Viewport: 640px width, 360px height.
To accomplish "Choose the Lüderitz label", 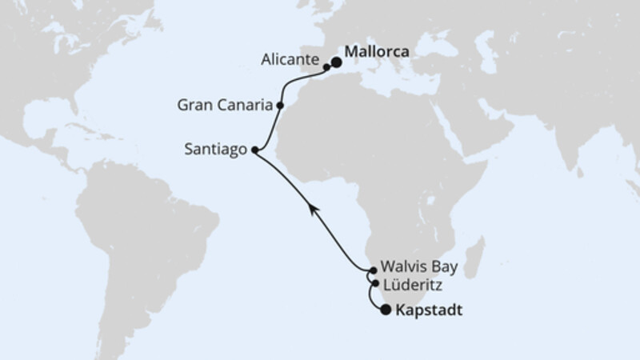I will pyautogui.click(x=411, y=284).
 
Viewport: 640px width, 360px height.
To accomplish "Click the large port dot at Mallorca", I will pyautogui.click(x=337, y=62).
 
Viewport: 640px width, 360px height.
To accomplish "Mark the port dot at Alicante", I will pyautogui.click(x=326, y=68).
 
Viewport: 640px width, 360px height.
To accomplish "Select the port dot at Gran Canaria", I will pyautogui.click(x=280, y=105).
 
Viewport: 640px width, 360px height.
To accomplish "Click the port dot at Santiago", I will pyautogui.click(x=254, y=150).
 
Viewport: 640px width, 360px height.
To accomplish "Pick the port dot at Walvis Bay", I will pyautogui.click(x=373, y=270).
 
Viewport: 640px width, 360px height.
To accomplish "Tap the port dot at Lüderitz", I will pyautogui.click(x=374, y=282).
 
